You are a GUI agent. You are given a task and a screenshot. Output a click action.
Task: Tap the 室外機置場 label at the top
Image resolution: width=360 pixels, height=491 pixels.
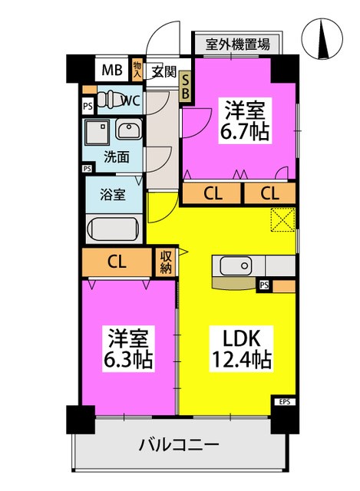(x=237, y=44)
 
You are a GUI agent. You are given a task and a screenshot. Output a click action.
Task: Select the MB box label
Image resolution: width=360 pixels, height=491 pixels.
(x=113, y=71)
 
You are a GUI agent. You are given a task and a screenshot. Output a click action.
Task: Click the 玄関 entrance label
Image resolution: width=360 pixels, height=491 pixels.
(x=163, y=72)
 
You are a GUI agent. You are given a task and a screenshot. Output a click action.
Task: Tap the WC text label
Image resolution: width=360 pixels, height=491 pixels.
(x=129, y=100)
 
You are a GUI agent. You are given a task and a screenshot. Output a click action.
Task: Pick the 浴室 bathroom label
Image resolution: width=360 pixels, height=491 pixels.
(x=113, y=195)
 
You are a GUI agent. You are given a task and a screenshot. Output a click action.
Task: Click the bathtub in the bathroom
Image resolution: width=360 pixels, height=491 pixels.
(x=113, y=228)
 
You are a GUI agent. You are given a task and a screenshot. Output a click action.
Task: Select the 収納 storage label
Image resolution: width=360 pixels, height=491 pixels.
(x=167, y=262)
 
